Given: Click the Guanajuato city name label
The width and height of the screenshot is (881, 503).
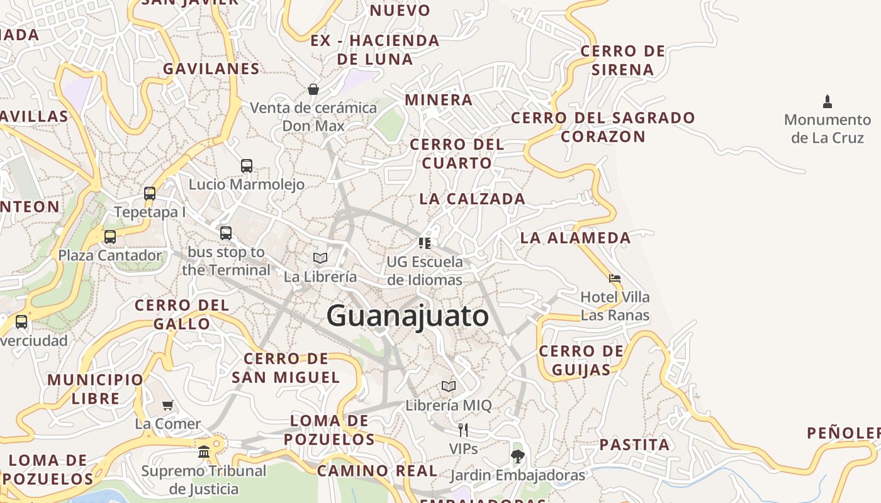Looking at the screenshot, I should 407,316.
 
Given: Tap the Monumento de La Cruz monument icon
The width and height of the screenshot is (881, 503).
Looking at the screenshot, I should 828,101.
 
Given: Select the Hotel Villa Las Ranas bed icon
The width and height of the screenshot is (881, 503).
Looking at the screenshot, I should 615,278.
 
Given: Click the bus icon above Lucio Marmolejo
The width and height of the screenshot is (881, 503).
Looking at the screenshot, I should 247,165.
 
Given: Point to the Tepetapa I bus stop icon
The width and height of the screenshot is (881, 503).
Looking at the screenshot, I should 150,193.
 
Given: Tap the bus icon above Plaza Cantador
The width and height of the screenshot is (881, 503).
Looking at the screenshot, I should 110,236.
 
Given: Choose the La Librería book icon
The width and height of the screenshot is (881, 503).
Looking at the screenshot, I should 320,258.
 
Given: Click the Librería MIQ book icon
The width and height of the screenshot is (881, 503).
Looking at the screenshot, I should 449,386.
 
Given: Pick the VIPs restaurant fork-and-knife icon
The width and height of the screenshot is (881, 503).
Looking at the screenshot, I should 463,430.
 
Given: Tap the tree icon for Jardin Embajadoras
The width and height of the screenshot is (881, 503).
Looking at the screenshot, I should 517,456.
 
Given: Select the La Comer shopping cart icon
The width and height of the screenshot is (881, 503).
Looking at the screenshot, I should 167,406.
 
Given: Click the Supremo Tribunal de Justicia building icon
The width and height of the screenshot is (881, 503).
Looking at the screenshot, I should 204,451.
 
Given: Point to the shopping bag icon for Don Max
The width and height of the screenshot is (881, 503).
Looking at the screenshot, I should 313,89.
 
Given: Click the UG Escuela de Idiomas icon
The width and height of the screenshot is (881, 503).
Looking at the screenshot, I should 425,243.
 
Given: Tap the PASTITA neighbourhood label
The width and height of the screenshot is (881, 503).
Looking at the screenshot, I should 634,445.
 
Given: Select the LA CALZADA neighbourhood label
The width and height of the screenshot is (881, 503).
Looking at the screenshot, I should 472,199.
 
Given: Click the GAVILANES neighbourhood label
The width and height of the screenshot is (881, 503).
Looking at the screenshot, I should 211,69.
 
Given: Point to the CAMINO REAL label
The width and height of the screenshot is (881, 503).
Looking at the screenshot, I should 377,471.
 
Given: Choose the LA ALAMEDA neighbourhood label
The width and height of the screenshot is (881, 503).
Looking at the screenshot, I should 575,238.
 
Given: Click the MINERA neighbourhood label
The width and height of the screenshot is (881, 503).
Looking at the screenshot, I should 439,100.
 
